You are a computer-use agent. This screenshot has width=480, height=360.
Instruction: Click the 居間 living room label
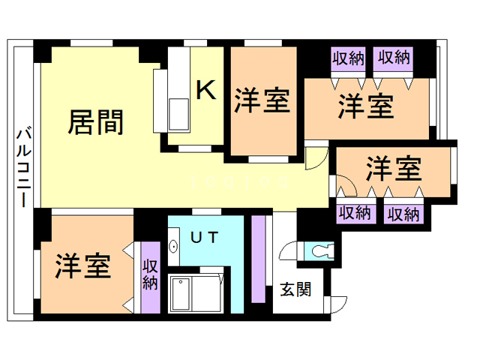pos(95,121)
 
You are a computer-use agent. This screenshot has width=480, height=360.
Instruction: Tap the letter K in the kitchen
pos(205,90)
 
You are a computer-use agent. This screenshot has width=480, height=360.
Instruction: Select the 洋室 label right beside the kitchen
pos(262,101)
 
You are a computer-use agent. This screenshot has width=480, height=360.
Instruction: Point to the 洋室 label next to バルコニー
pos(83,266)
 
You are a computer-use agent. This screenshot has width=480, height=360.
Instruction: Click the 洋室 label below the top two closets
pos(365,106)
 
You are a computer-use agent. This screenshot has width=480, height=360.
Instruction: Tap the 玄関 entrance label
pos(295,289)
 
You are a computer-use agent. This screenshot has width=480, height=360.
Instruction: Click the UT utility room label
pos(202,238)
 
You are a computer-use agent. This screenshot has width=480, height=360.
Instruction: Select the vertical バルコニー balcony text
pos(22,169)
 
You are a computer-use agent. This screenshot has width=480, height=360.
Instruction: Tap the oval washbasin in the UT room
pos(174,245)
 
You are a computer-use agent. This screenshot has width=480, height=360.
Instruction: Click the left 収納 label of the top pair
pos(349,57)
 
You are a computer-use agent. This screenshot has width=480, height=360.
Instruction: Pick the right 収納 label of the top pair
pos(394,57)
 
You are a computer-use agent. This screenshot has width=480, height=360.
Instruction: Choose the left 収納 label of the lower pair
pos(355,213)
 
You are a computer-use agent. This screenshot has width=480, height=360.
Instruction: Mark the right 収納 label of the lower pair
pos(403,213)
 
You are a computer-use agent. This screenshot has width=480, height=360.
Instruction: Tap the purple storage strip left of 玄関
pos(259,259)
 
